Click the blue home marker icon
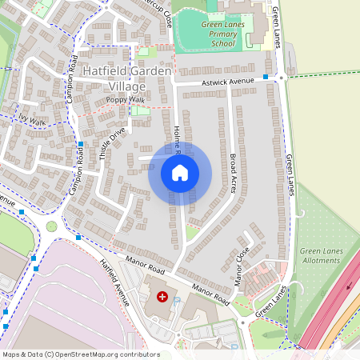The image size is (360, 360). coord(180,172)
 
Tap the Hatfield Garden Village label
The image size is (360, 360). coord(127,78)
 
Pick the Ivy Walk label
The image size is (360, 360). coord(32,121)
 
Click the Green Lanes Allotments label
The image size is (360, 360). coord(322,256)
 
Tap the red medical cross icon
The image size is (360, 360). coord(162,297)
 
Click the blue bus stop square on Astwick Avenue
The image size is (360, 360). coord(266,78)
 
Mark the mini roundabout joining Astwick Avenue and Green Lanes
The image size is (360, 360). coord(281,78)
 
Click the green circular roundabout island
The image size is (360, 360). coord(52,226)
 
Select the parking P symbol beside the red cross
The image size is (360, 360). coord(178,301)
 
